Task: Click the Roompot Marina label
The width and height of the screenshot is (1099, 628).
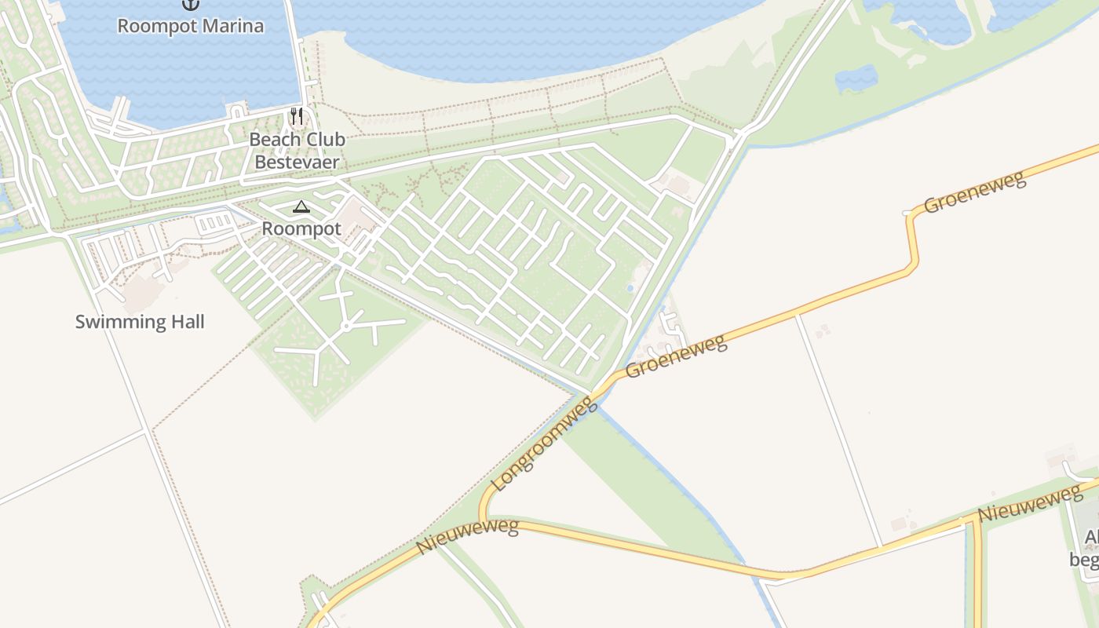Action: point(191,26)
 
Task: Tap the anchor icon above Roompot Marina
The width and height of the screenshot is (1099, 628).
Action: point(191,4)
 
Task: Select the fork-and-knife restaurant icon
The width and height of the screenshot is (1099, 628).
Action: point(297,116)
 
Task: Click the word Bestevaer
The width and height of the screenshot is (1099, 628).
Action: point(297,162)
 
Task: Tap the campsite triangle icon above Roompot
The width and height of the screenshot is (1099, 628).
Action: point(301,207)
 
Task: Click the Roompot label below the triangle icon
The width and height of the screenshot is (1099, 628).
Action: point(301,229)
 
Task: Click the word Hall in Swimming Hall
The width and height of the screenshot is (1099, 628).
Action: point(186,322)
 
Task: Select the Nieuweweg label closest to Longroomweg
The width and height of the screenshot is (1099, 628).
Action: point(468,536)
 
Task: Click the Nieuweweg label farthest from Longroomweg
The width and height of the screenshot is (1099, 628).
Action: point(1030,503)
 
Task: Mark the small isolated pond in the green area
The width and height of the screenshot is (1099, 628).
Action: point(856,78)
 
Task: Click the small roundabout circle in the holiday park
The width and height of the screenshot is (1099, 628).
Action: point(345,326)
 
